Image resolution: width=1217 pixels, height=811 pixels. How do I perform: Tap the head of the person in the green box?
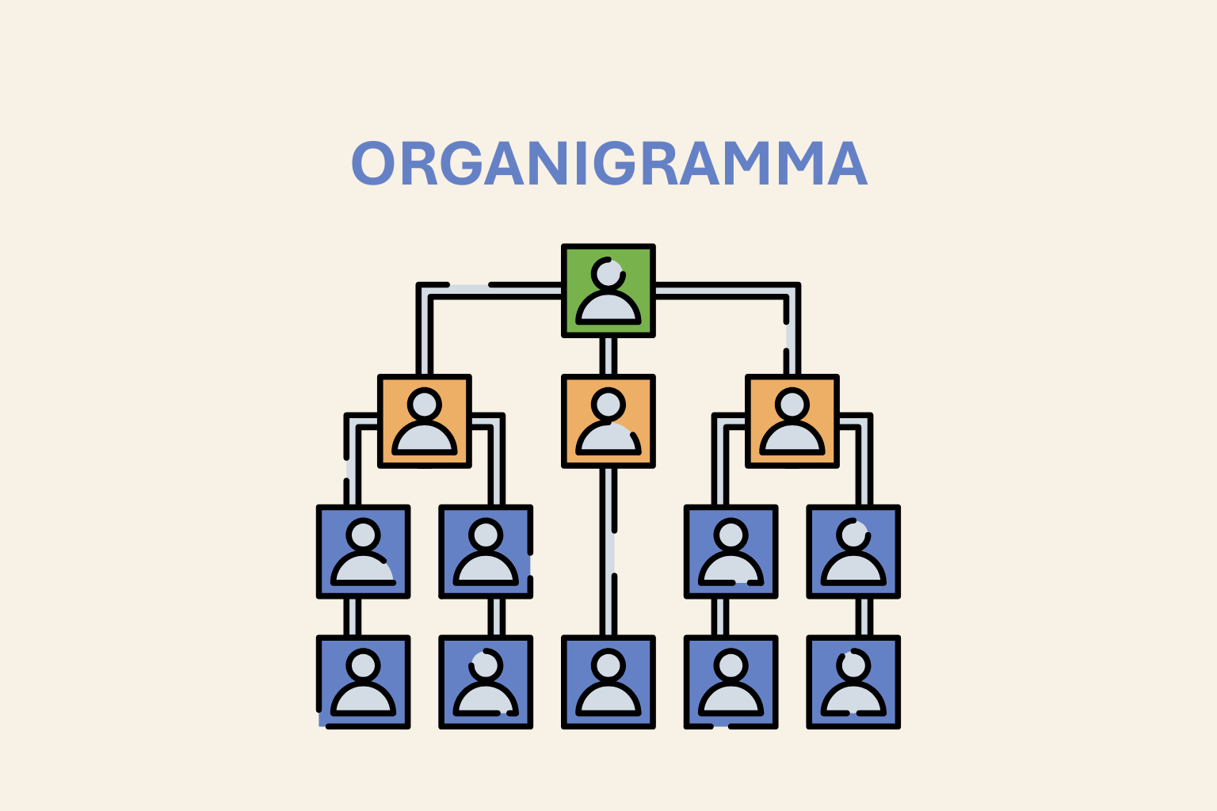tap(608, 273)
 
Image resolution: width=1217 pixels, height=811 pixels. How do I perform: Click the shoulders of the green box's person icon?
tap(608, 309)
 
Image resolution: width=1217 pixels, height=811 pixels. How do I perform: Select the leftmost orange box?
tap(425, 421)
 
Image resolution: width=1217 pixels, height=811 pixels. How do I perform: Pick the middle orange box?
tap(608, 421)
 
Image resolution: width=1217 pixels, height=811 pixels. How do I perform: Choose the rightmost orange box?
tap(792, 421)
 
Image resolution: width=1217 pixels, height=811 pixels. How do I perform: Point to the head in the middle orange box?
tap(608, 405)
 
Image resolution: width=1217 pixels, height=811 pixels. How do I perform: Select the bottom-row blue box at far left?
tap(364, 682)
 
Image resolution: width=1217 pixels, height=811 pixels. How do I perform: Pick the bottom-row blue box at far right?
tap(853, 682)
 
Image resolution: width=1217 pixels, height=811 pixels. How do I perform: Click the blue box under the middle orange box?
tap(608, 682)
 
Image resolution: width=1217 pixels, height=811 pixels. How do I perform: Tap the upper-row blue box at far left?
tap(364, 551)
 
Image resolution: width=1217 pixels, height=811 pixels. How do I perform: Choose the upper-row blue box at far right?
tap(853, 551)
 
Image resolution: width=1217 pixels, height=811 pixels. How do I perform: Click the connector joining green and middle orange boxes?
tap(608, 356)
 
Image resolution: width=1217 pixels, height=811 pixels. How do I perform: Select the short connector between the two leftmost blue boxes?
tap(353, 617)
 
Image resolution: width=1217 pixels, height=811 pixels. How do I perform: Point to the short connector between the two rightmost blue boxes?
tap(864, 617)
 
